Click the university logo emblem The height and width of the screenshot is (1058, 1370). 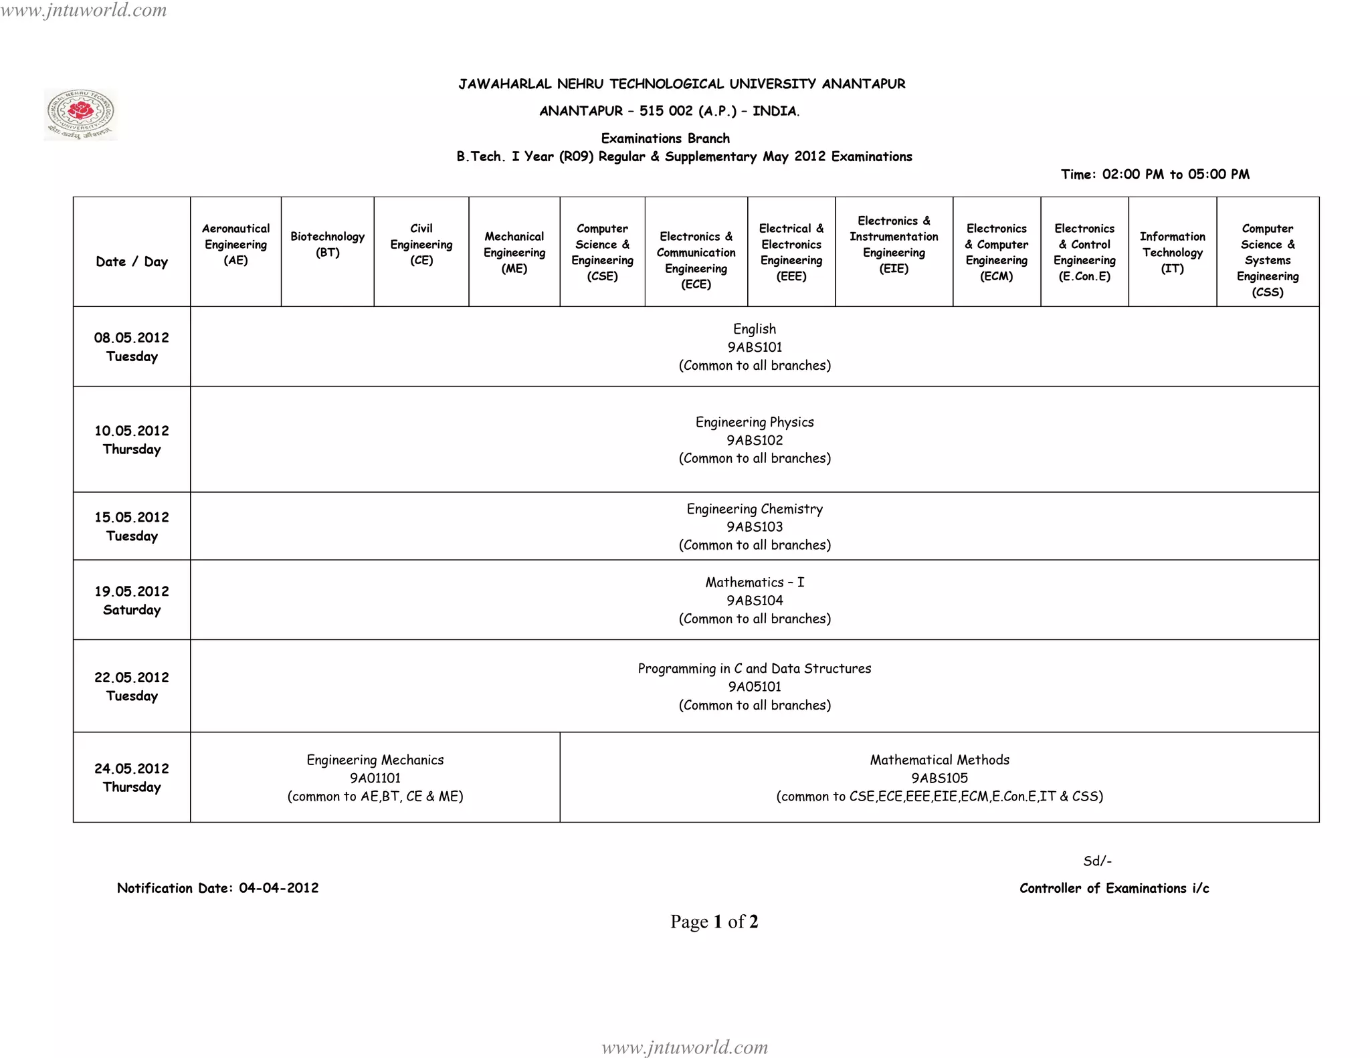pyautogui.click(x=81, y=114)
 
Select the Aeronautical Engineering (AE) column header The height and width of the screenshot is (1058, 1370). pyautogui.click(x=235, y=245)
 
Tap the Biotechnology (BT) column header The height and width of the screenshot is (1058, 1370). pyautogui.click(x=327, y=245)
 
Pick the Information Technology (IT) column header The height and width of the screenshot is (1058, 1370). pyautogui.click(x=1172, y=252)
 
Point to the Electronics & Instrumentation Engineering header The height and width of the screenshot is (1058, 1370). pyautogui.click(x=894, y=245)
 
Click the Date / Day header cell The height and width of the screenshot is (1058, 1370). pyautogui.click(x=132, y=261)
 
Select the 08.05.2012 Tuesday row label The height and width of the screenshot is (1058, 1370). pyautogui.click(x=132, y=346)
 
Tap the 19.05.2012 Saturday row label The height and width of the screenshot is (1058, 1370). pyautogui.click(x=132, y=600)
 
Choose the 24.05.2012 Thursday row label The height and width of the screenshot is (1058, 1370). pyautogui.click(x=132, y=777)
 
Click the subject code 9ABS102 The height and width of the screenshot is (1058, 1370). pyautogui.click(x=755, y=440)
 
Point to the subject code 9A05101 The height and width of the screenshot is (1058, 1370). pyautogui.click(x=755, y=686)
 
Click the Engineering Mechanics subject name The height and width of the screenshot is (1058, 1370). pyautogui.click(x=375, y=760)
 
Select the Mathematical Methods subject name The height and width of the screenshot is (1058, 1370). pyautogui.click(x=939, y=760)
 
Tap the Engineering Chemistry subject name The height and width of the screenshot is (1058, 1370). pyautogui.click(x=755, y=509)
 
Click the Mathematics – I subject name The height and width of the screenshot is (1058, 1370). pyautogui.click(x=755, y=583)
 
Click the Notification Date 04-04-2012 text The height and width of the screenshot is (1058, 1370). pyautogui.click(x=217, y=888)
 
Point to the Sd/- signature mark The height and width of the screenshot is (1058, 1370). pyautogui.click(x=1097, y=861)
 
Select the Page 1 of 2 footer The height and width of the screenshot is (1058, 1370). pyautogui.click(x=714, y=922)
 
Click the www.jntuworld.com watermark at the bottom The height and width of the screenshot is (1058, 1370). pyautogui.click(x=684, y=1047)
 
